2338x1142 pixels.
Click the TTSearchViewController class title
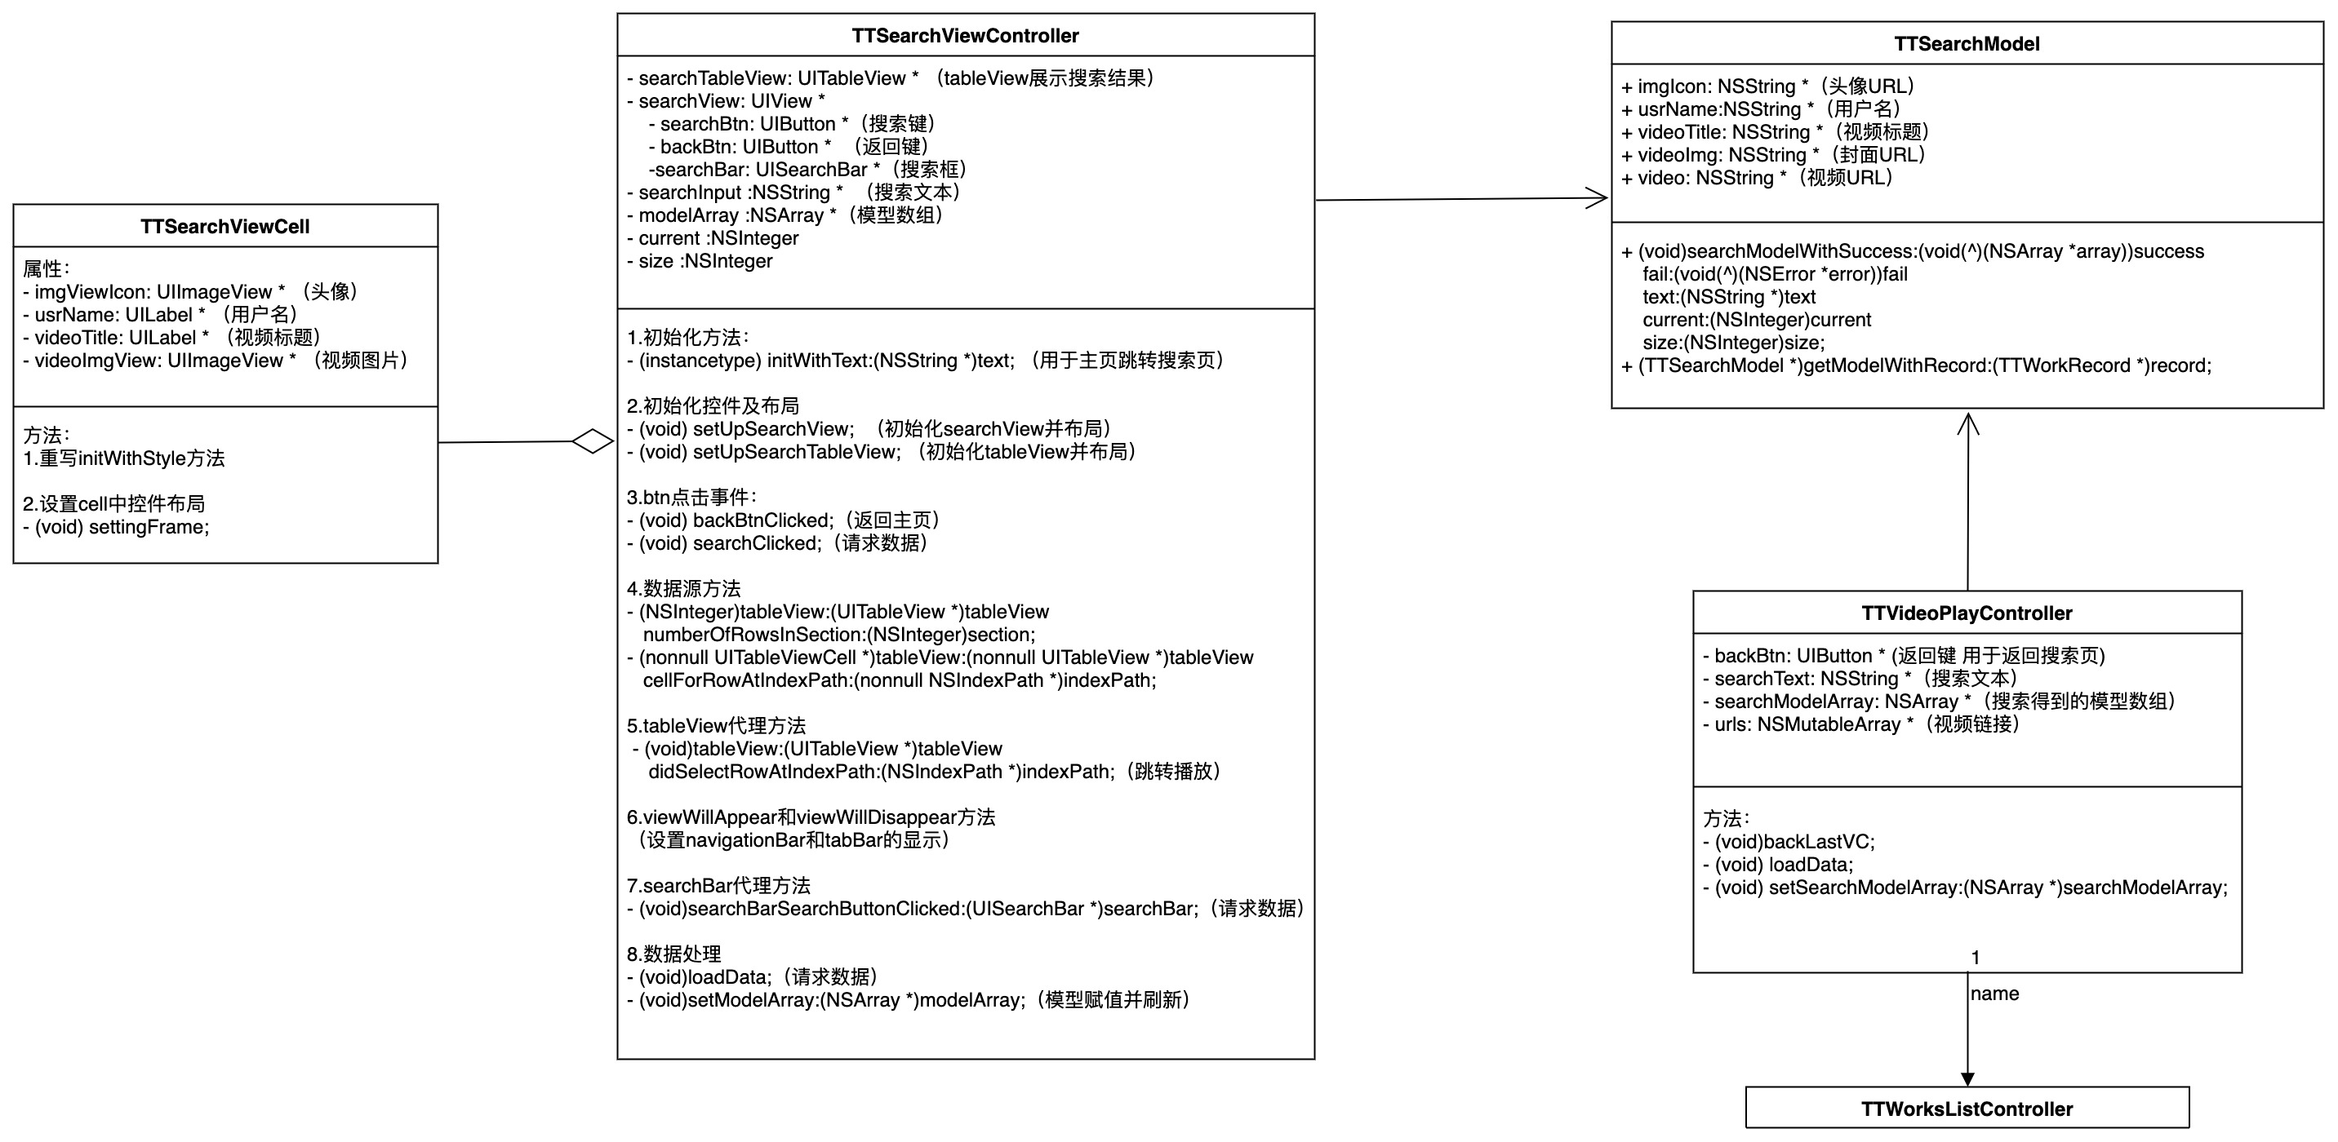965,35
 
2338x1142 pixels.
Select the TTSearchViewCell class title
225,226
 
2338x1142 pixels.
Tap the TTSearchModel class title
1966,43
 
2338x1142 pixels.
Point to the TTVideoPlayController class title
1966,613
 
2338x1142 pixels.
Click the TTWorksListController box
1966,1109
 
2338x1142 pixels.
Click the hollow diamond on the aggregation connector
593,442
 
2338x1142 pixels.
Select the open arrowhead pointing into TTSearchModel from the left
1598,199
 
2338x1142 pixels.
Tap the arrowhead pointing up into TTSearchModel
1967,423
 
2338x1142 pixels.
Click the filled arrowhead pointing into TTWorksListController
1967,1078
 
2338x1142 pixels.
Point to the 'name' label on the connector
1994,994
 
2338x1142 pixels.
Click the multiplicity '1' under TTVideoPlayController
1975,957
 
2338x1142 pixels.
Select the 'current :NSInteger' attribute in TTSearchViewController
713,237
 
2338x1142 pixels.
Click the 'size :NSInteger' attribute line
700,261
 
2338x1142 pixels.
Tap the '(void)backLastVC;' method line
1788,842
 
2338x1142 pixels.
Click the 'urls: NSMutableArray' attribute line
1860,724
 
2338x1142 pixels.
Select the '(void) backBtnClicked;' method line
785,520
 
